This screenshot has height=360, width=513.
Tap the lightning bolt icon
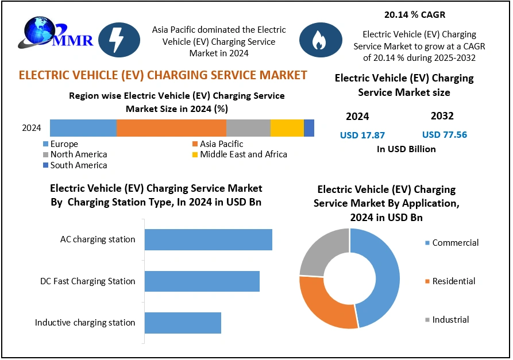pos(119,40)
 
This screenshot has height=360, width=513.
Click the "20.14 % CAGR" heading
pos(414,14)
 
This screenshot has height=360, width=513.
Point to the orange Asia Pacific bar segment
pos(171,128)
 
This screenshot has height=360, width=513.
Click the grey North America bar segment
pos(248,128)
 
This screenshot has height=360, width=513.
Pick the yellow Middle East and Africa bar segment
pos(287,128)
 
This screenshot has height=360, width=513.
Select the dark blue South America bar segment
pos(309,128)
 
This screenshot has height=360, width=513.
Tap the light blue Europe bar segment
pos(83,128)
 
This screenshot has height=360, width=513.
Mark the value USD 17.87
pos(362,136)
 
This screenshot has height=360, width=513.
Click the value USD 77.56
pos(444,135)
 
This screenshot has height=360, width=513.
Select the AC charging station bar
pos(208,239)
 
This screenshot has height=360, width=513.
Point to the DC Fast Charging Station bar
pos(202,281)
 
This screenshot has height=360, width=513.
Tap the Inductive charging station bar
pos(183,323)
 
